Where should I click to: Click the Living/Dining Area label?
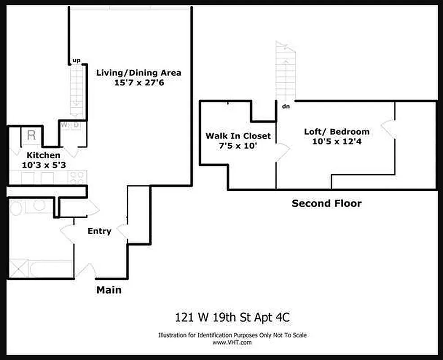click(139, 72)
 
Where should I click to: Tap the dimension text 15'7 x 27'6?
click(139, 82)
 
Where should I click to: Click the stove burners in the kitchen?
click(77, 177)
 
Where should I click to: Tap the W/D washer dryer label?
click(70, 125)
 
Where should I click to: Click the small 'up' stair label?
click(76, 60)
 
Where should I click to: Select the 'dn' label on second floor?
click(286, 107)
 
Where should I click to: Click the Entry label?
click(99, 231)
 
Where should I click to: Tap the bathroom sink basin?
click(39, 205)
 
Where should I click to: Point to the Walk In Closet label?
click(238, 136)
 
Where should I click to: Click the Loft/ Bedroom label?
click(336, 131)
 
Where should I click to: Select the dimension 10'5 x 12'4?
click(336, 141)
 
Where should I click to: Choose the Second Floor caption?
click(326, 203)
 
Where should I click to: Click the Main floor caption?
click(109, 290)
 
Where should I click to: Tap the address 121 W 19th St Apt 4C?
click(232, 318)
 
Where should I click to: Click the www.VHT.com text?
click(232, 342)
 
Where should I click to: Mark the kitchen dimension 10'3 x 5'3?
click(43, 165)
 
